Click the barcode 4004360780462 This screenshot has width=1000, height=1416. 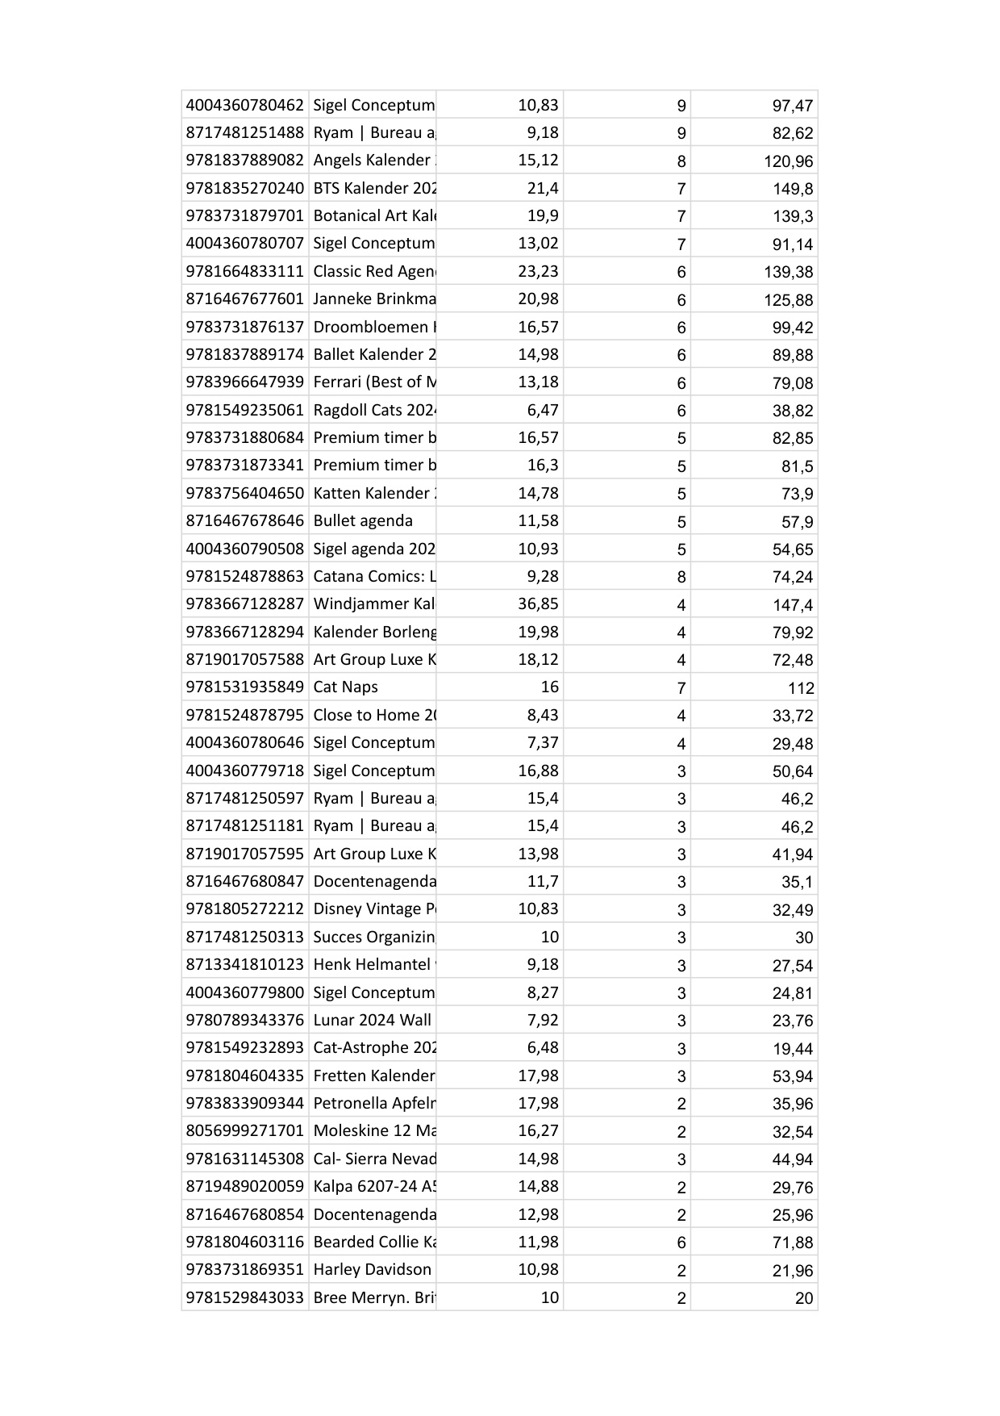click(x=244, y=105)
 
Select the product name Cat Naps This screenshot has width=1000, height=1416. click(x=345, y=687)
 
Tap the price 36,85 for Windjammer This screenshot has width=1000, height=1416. click(x=538, y=604)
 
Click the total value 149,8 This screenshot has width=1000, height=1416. click(x=792, y=189)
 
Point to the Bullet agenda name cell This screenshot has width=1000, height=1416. click(x=363, y=520)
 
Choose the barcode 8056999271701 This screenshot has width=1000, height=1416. click(x=244, y=1130)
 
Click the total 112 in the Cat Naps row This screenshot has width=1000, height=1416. click(x=801, y=688)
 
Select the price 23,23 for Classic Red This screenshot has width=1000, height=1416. click(x=538, y=271)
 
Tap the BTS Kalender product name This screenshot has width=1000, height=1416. click(x=373, y=188)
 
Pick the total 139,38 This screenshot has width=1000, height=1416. click(x=788, y=272)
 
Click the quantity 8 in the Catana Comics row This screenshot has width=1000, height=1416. click(x=681, y=577)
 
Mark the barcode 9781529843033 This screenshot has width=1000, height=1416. click(x=244, y=1297)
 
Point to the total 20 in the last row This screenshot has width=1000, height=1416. click(x=804, y=1298)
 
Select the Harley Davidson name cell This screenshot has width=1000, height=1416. click(x=373, y=1269)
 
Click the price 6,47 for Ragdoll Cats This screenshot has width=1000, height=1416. click(x=542, y=410)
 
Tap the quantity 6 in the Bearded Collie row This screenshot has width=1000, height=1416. click(x=681, y=1243)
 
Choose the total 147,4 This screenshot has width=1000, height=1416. click(x=792, y=604)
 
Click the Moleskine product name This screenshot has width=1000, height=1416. click(x=373, y=1130)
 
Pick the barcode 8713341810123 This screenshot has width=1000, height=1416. click(x=244, y=964)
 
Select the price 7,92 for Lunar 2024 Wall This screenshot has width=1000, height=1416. click(x=542, y=1020)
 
